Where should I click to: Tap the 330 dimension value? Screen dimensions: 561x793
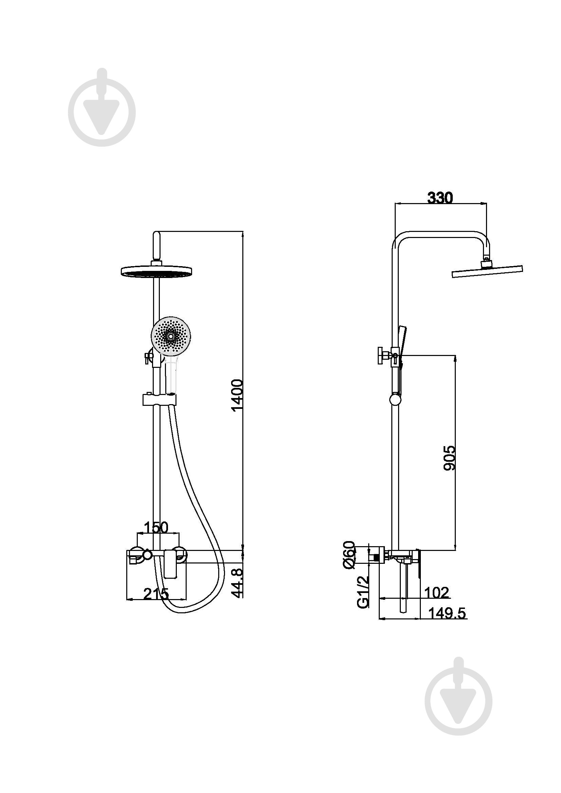click(x=440, y=198)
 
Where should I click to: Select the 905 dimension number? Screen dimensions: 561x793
click(x=449, y=458)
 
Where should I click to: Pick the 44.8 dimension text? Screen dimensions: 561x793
click(x=238, y=583)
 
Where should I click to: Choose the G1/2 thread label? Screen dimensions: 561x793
click(x=363, y=592)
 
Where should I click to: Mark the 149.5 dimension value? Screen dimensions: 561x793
click(x=447, y=613)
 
